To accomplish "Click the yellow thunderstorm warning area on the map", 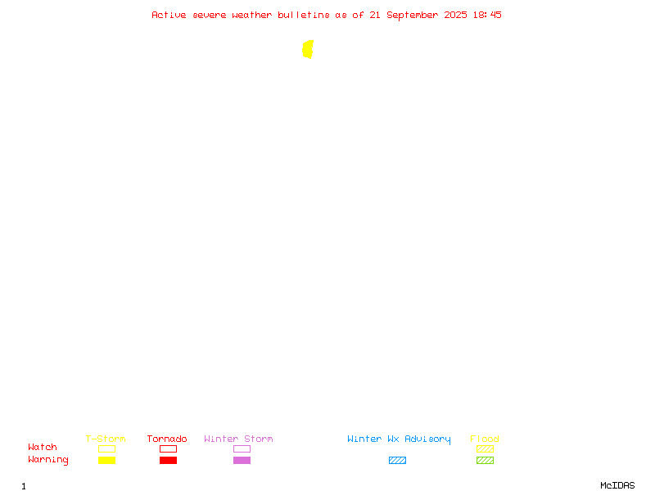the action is tap(308, 49).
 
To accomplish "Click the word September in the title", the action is tap(413, 16).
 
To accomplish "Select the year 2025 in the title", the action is tap(455, 15).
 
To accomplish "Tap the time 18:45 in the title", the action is tap(487, 15).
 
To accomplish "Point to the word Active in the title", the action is tap(169, 15).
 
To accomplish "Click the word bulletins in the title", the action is tap(304, 15).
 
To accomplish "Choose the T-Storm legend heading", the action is tap(106, 439).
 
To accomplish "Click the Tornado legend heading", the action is tap(167, 439).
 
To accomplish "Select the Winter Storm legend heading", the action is tap(238, 439).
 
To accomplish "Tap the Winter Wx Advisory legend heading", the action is tap(399, 439).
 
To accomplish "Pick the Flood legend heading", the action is tap(485, 439).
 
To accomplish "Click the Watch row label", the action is tap(43, 447).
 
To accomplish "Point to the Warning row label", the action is tap(48, 460).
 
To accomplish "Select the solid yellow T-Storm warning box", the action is tap(107, 460).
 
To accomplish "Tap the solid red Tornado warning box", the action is tap(169, 460).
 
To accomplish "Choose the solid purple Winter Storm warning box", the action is tap(242, 460).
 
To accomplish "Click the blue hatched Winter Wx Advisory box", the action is tap(397, 460).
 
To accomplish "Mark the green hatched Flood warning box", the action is tap(485, 460).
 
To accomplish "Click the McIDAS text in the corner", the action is tap(617, 485).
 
